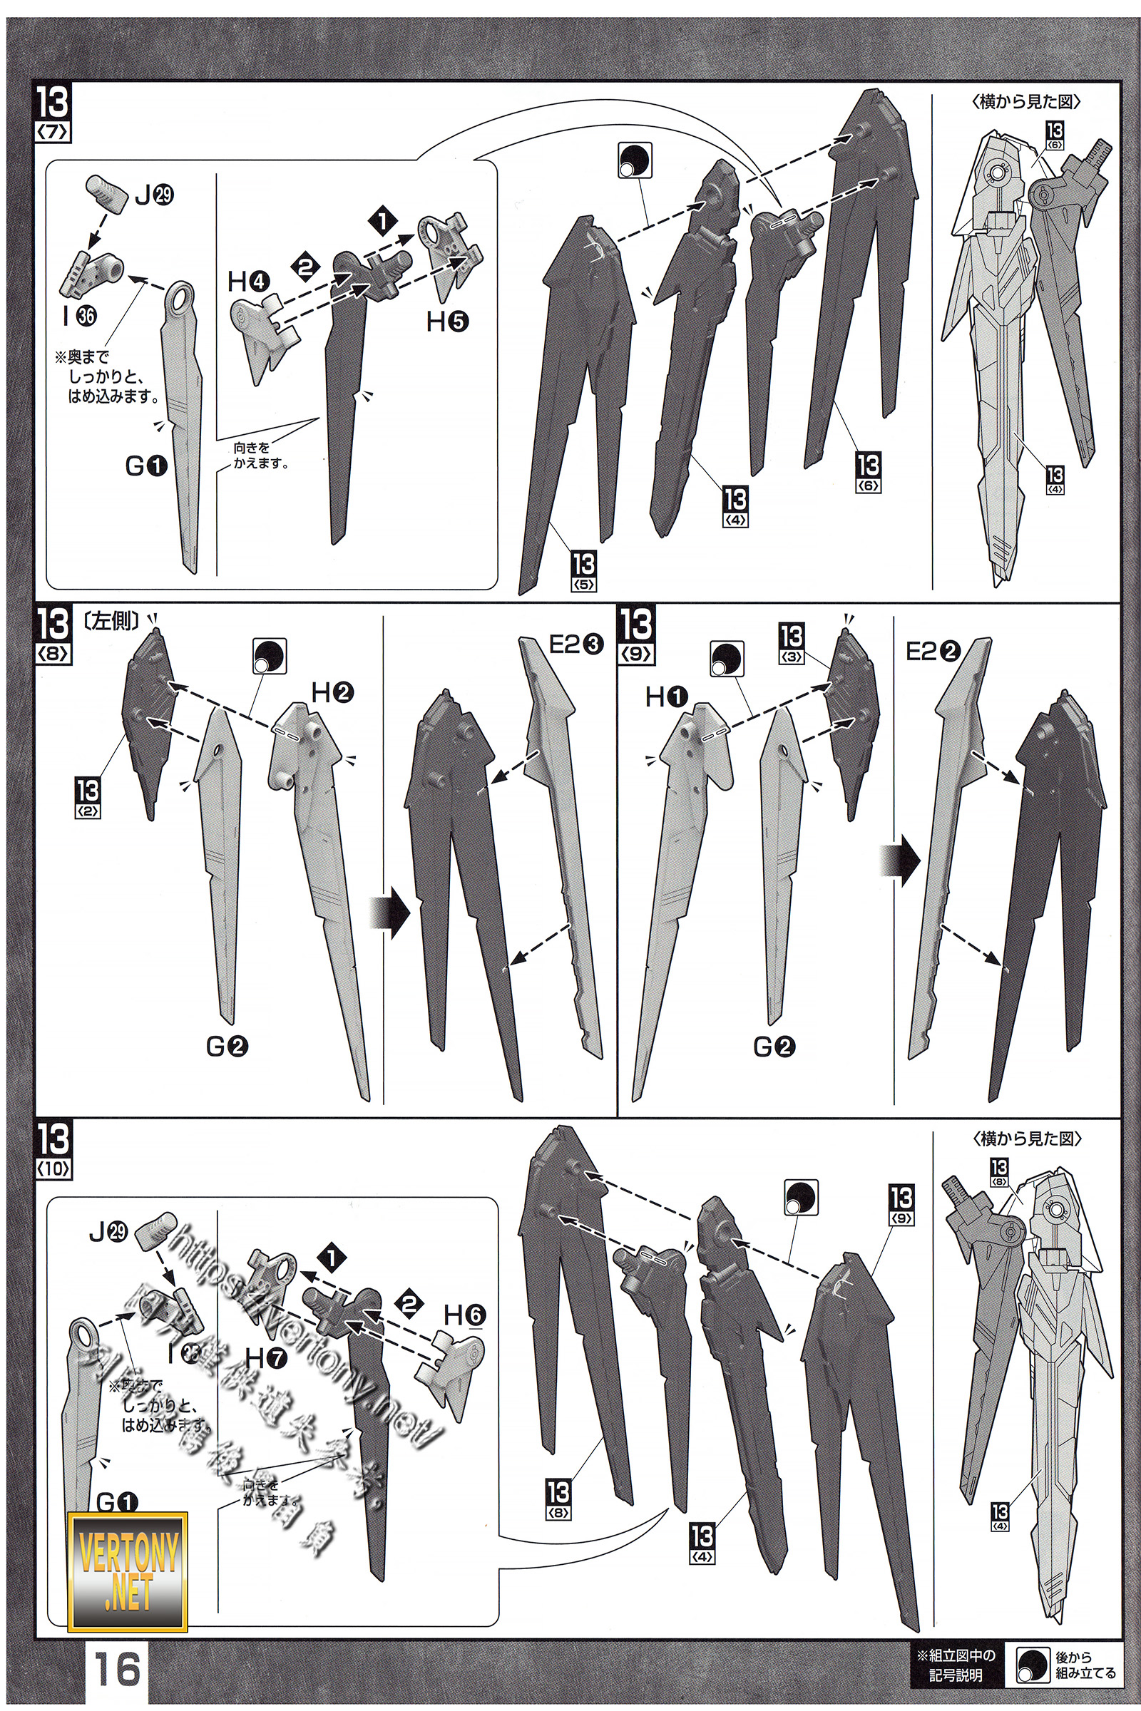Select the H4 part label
pyautogui.click(x=249, y=282)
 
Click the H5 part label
pyautogui.click(x=447, y=321)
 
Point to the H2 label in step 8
pyautogui.click(x=332, y=692)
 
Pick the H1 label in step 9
pyautogui.click(x=666, y=698)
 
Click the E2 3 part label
pyautogui.click(x=575, y=644)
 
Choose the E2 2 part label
pyautogui.click(x=933, y=652)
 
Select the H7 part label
pyautogui.click(x=266, y=1357)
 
